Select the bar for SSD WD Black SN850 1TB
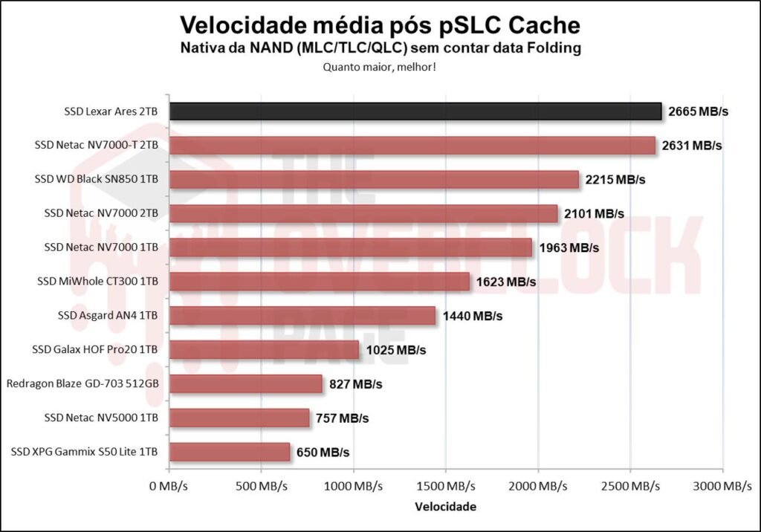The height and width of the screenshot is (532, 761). tap(374, 180)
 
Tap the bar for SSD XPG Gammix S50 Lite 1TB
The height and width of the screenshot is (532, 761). tap(230, 452)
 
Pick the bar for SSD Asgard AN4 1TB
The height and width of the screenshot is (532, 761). tap(302, 316)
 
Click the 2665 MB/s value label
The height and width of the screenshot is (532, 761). tap(697, 111)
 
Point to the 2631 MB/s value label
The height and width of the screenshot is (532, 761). tap(691, 146)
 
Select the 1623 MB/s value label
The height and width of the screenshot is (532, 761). tap(505, 282)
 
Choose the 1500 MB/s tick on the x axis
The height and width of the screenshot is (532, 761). tap(446, 487)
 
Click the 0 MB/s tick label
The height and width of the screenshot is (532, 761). tap(169, 487)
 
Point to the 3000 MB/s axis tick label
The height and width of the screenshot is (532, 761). tap(722, 487)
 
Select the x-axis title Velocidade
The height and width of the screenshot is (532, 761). tap(446, 507)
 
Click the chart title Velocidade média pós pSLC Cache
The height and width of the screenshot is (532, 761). tap(380, 25)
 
